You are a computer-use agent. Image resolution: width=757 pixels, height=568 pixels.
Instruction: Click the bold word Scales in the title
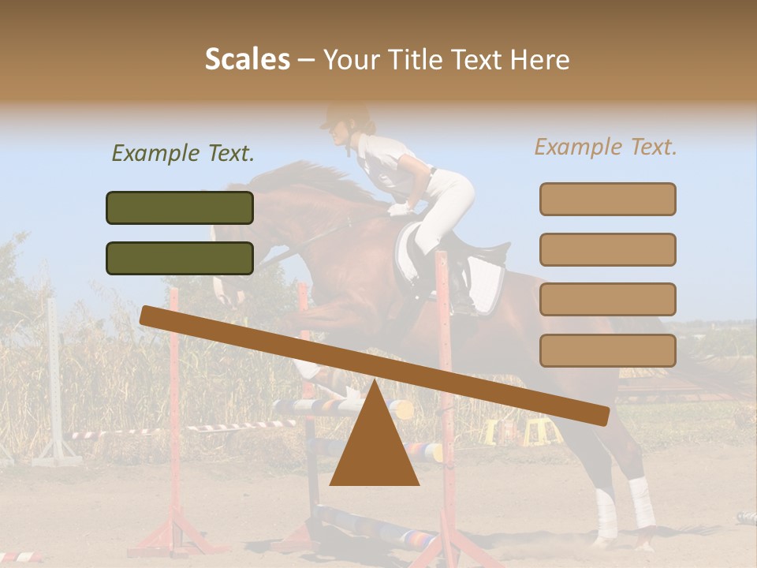pyautogui.click(x=247, y=60)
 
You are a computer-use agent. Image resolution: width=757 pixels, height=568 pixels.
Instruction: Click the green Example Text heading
pyautogui.click(x=183, y=153)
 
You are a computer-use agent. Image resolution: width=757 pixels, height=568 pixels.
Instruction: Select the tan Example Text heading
pyautogui.click(x=606, y=147)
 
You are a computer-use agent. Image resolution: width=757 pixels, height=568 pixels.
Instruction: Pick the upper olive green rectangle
pyautogui.click(x=180, y=207)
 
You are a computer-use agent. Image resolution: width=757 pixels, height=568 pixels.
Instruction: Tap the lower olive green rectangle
pyautogui.click(x=180, y=258)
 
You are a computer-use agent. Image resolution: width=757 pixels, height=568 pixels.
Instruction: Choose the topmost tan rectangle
pyautogui.click(x=607, y=199)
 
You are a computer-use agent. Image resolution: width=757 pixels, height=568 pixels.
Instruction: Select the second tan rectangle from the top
pyautogui.click(x=607, y=249)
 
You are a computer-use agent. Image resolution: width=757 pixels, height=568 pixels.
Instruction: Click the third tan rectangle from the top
pyautogui.click(x=607, y=299)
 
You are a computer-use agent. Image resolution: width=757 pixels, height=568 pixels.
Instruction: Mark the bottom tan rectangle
pyautogui.click(x=607, y=350)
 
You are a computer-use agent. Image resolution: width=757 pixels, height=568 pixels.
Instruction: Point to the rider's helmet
pyautogui.click(x=347, y=118)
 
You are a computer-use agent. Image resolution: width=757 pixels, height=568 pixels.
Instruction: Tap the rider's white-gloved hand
pyautogui.click(x=400, y=209)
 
